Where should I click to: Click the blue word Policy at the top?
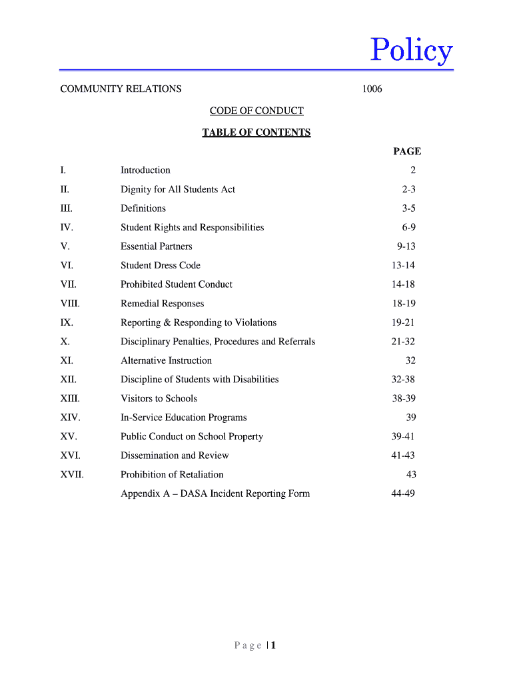point(412,50)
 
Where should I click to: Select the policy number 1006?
point(372,89)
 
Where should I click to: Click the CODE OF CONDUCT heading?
point(256,111)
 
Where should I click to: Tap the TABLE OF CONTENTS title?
point(256,133)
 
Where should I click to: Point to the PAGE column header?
point(407,151)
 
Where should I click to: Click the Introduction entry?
point(145,170)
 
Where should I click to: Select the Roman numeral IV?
point(67,228)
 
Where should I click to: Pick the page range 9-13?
point(406,246)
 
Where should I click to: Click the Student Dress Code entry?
point(161,266)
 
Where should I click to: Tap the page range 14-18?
point(403,284)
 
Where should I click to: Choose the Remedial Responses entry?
point(163,304)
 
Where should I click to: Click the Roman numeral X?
point(65,342)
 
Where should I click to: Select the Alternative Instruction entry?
point(166,361)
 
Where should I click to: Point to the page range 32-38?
point(403,380)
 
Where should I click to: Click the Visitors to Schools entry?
point(159,399)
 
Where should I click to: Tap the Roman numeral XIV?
point(70,418)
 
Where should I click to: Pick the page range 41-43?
point(403,456)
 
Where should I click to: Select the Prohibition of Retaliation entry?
point(172,475)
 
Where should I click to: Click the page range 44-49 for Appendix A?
point(403,494)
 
